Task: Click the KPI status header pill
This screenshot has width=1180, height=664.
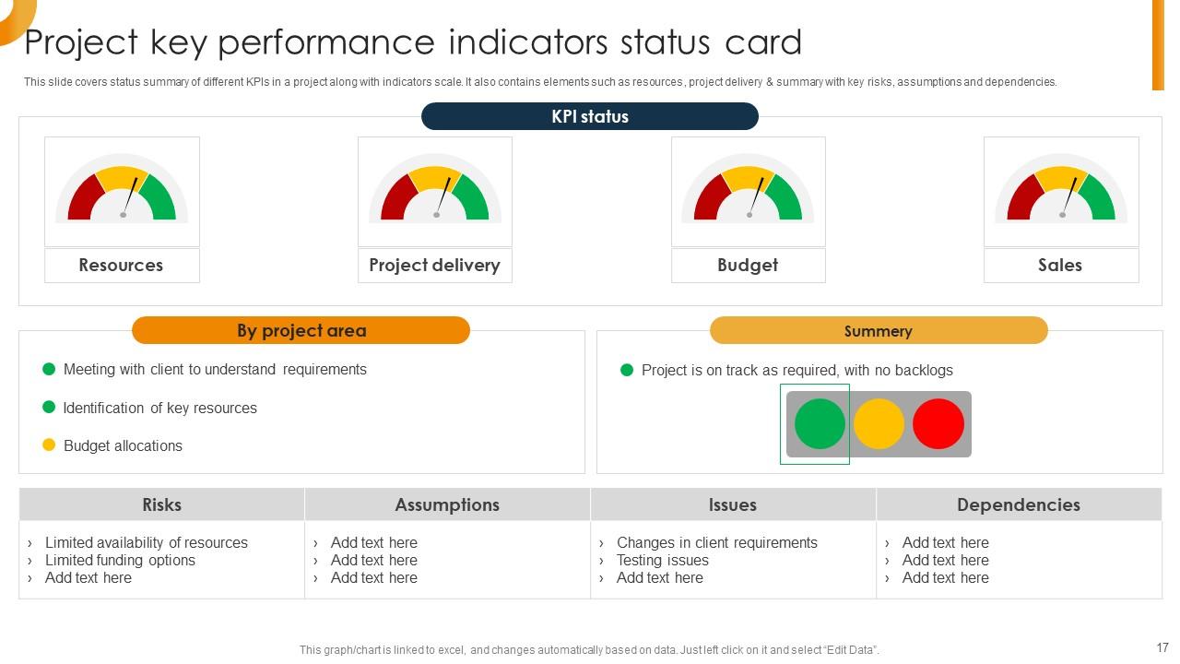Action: [589, 116]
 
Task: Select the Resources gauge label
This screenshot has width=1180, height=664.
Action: [121, 266]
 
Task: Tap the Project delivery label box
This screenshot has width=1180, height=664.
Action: [434, 266]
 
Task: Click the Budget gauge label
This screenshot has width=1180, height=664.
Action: [748, 266]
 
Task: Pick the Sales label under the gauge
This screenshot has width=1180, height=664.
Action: [1060, 266]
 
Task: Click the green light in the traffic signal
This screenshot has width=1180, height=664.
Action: [820, 424]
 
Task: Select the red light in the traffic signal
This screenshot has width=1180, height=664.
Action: [938, 424]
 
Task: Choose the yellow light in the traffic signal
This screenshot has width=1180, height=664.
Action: [879, 424]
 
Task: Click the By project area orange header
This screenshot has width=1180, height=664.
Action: [301, 330]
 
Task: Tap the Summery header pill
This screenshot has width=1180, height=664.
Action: [878, 330]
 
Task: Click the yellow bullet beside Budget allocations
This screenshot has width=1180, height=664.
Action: [50, 445]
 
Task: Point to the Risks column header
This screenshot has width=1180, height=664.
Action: [161, 504]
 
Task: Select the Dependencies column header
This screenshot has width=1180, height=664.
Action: [1018, 504]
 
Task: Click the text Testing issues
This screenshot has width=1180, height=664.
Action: [662, 560]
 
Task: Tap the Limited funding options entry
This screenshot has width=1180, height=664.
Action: [120, 560]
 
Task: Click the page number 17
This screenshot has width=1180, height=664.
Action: [1162, 647]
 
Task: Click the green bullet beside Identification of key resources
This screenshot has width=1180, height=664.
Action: [50, 407]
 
